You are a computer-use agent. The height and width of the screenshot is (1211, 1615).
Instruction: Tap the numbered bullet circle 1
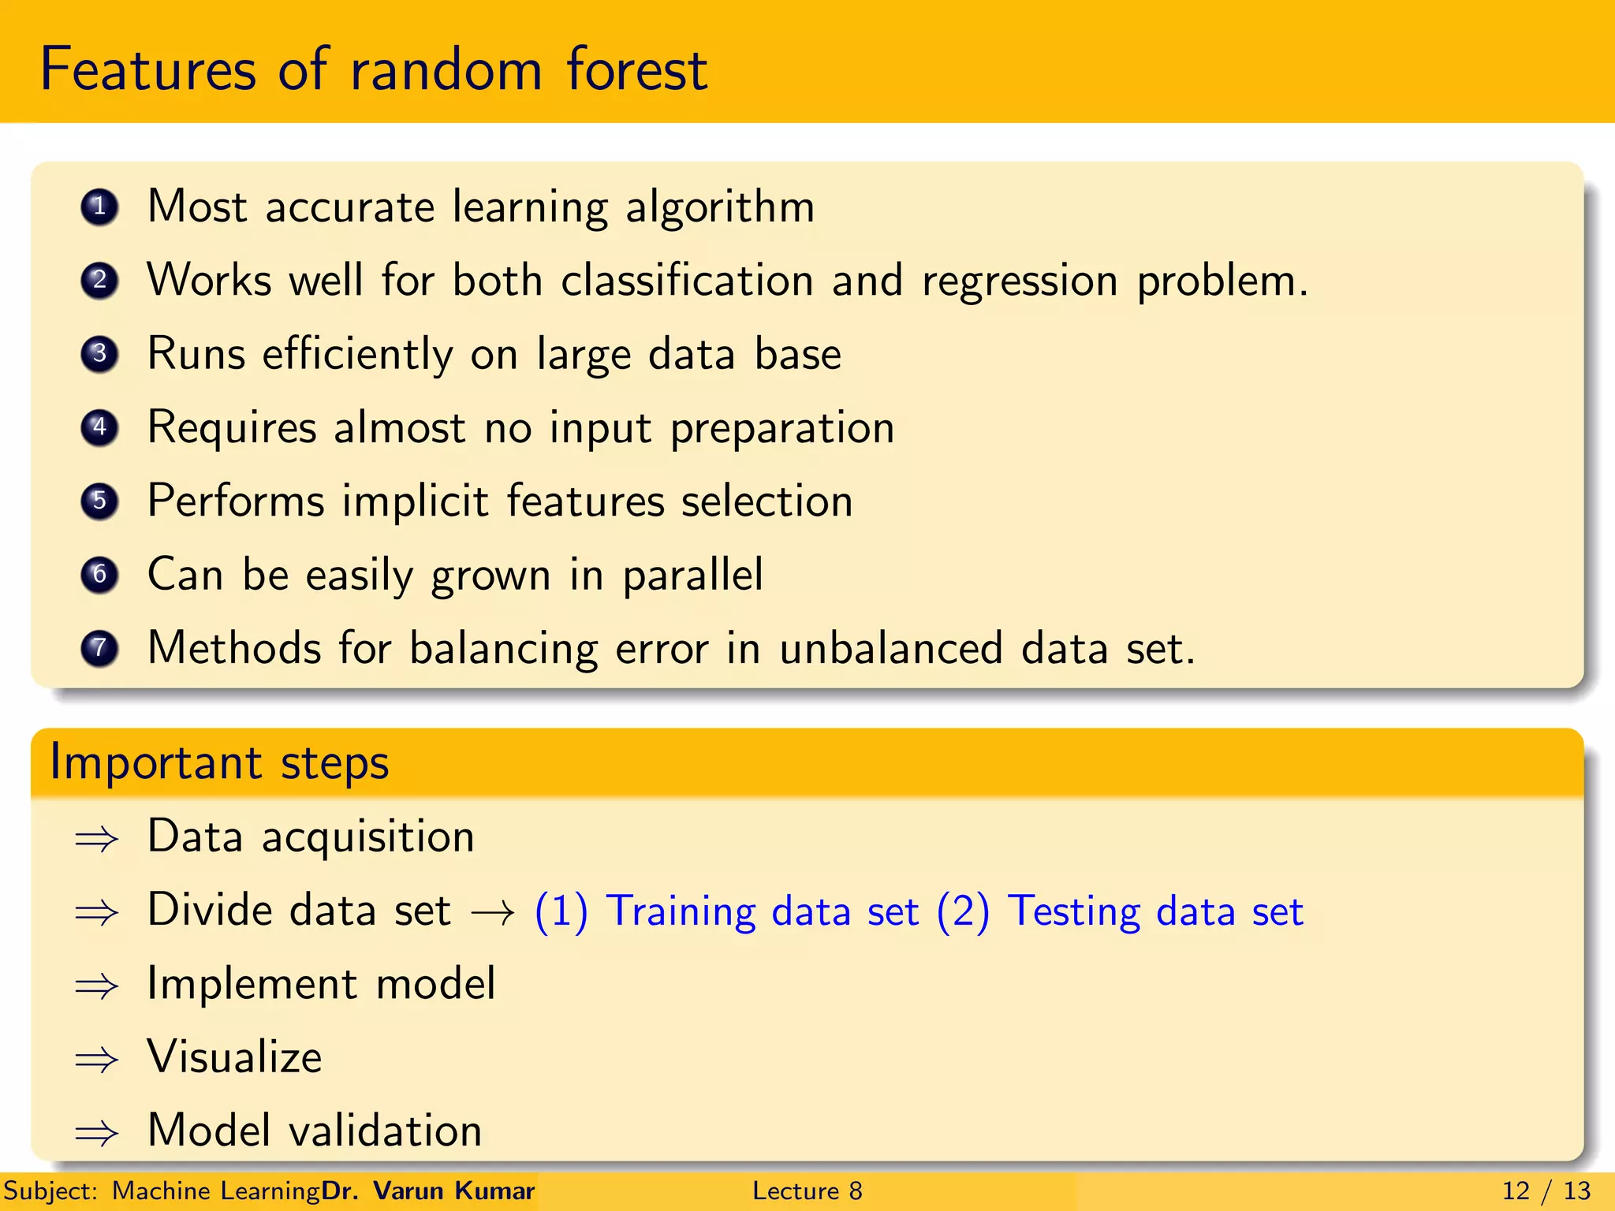coord(99,207)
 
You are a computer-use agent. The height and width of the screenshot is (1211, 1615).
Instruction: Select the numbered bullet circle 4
coord(99,427)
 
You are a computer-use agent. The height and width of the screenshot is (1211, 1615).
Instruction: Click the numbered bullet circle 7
coord(99,648)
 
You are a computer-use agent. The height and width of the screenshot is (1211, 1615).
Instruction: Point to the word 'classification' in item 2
coord(687,280)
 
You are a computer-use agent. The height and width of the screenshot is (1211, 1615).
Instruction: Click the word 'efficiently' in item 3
coord(357,354)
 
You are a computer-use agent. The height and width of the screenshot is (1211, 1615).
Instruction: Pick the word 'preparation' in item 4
coord(782,428)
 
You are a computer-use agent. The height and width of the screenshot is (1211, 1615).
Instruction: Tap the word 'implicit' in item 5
coord(415,501)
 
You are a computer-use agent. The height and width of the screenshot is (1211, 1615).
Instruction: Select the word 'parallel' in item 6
coord(692,575)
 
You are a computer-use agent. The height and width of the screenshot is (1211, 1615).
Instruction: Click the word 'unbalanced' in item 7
coord(891,648)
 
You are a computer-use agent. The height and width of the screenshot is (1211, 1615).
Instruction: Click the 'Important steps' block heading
coord(219,762)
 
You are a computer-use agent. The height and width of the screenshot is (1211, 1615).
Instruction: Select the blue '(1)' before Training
coord(561,911)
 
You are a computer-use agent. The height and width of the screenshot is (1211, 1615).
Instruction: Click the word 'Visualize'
coord(235,1056)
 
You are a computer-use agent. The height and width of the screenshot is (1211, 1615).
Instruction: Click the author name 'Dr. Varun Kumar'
coord(428,1191)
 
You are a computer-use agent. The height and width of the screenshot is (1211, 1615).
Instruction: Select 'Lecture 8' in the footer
coord(807,1191)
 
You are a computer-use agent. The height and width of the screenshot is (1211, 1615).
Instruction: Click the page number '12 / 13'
coord(1546,1191)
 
